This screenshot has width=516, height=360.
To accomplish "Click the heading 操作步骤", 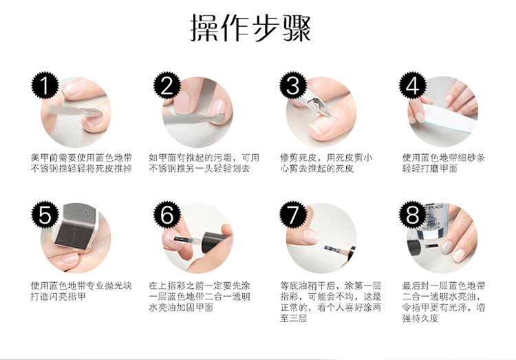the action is pyautogui.click(x=250, y=28).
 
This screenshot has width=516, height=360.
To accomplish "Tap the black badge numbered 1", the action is pyautogui.click(x=45, y=85).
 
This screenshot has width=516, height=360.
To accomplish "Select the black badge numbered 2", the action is pyautogui.click(x=167, y=85).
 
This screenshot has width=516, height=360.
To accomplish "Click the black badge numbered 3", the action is pyautogui.click(x=293, y=85).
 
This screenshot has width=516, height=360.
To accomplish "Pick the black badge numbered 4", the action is pyautogui.click(x=413, y=85).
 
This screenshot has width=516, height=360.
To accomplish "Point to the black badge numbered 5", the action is pyautogui.click(x=45, y=215).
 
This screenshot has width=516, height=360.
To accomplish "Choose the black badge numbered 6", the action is pyautogui.click(x=167, y=215).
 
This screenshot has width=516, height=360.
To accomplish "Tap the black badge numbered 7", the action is pyautogui.click(x=293, y=215).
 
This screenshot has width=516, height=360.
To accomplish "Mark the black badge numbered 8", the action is pyautogui.click(x=413, y=215).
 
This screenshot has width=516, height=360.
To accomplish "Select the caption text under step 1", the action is pyautogui.click(x=82, y=163).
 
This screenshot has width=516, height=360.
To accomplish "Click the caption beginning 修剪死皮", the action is pyautogui.click(x=326, y=163).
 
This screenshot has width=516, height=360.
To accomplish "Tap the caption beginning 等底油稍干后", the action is pyautogui.click(x=331, y=301).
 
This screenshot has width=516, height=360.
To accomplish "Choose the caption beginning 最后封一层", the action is pyautogui.click(x=444, y=301).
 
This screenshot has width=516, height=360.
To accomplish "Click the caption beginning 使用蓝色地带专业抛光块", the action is pyautogui.click(x=81, y=291).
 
